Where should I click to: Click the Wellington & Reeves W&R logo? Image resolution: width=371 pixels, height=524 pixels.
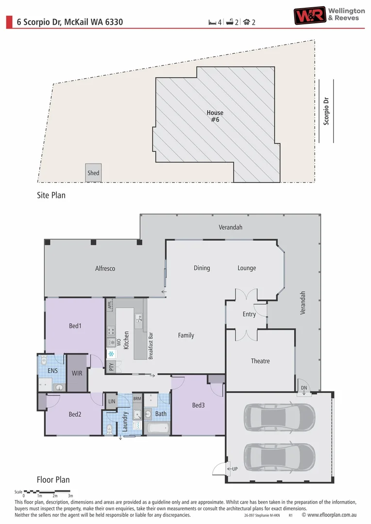309,15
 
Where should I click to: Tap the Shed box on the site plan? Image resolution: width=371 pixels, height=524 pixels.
93,173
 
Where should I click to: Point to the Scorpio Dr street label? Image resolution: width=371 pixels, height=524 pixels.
326,110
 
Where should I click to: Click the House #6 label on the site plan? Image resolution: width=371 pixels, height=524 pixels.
215,116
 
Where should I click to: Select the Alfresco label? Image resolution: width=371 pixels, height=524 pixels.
105,268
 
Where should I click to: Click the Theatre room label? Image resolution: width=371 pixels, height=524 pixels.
260,361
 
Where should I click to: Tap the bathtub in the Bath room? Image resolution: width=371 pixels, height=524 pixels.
157,428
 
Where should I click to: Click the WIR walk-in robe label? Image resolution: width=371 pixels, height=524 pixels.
76,374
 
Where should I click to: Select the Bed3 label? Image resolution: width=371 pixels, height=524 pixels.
198,405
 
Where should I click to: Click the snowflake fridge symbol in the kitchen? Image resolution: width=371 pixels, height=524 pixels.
111,354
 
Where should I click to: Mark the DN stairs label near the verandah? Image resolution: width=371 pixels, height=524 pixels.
303,388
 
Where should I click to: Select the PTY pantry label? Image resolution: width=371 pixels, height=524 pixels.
111,367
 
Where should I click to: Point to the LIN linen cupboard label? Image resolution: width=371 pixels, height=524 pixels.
112,401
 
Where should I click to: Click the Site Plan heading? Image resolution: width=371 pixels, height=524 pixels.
51,196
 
